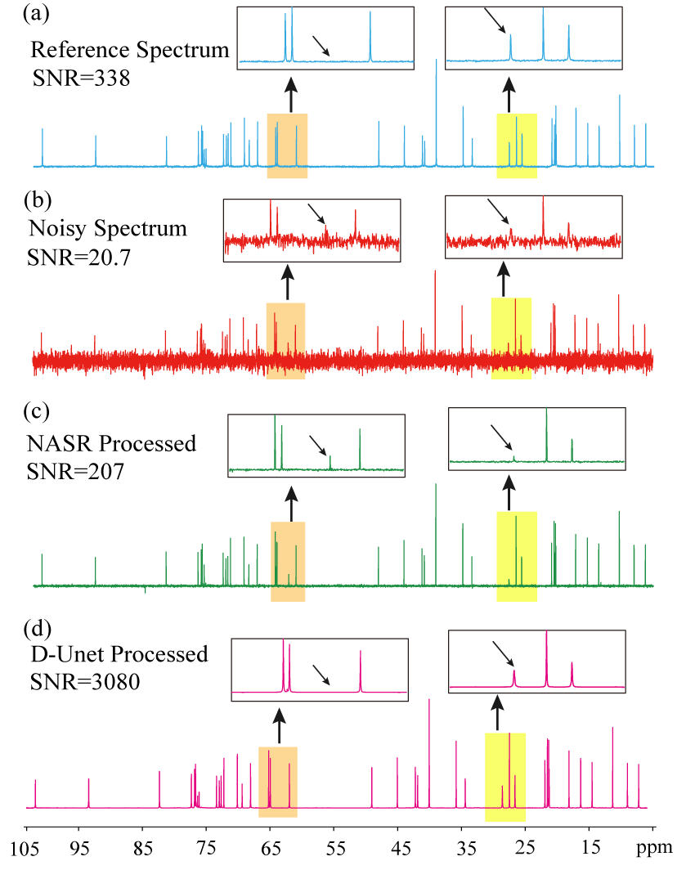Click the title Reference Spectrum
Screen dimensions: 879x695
[x=130, y=51]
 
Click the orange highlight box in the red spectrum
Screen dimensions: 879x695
[x=285, y=340]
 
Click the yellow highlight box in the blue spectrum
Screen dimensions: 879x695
[x=517, y=146]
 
